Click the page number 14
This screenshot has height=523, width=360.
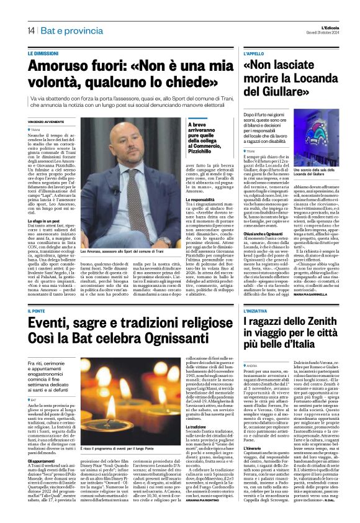(x=30, y=30)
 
